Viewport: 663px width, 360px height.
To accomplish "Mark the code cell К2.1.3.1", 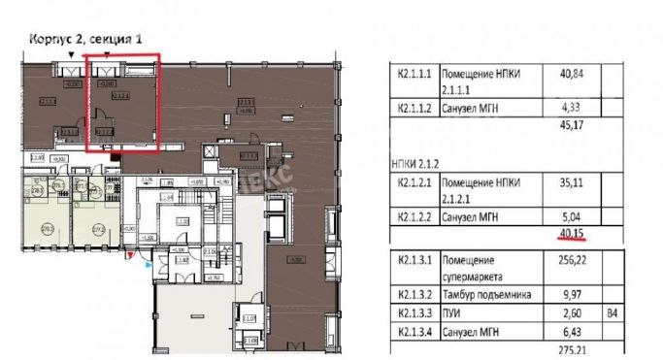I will pyautogui.click(x=414, y=262).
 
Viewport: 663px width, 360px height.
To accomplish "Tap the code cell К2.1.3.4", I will pyautogui.click(x=414, y=332).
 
